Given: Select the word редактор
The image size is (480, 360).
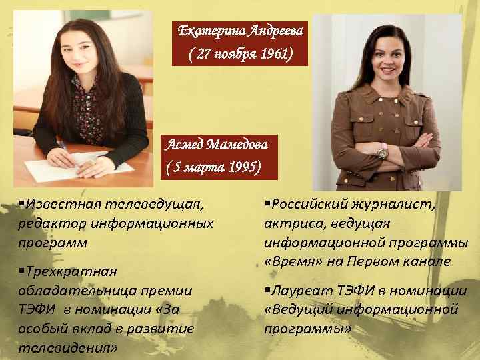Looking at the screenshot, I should coord(47,223).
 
